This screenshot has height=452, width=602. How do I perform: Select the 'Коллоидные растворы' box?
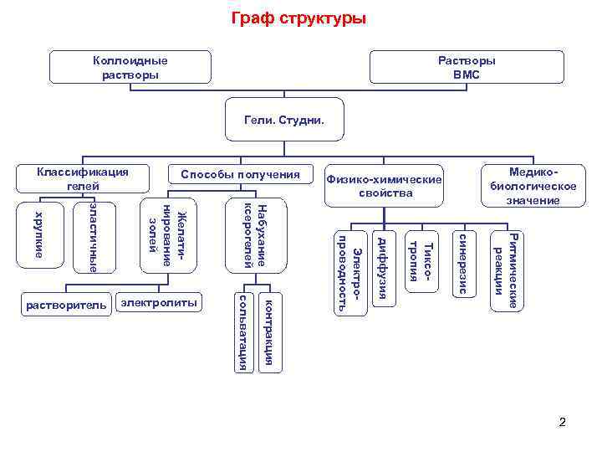point(130,68)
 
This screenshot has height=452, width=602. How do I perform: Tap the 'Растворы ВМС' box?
point(467,68)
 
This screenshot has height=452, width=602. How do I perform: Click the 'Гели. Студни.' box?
point(284,121)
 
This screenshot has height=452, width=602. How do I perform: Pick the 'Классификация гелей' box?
point(82,178)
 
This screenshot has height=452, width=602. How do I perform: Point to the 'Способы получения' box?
point(234,174)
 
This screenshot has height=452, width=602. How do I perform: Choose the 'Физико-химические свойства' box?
point(384,186)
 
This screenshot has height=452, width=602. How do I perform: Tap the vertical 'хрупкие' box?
point(38,235)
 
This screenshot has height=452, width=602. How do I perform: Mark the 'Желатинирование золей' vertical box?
point(168,235)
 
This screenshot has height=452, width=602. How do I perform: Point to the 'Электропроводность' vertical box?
point(349,270)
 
